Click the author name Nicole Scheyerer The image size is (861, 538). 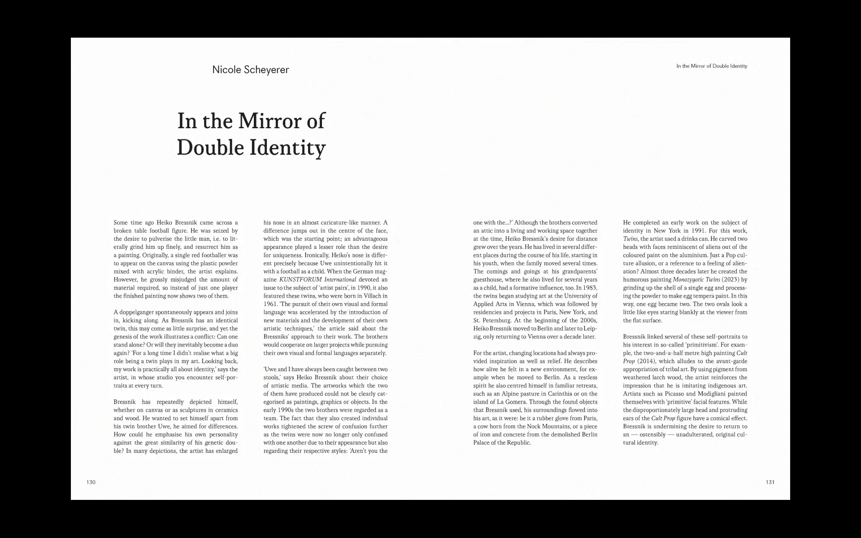(x=250, y=69)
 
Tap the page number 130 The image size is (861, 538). (x=91, y=482)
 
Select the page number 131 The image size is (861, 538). (x=770, y=482)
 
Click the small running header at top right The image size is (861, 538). (x=712, y=66)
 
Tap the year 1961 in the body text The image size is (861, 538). (x=270, y=304)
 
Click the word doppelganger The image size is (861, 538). (x=134, y=312)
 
